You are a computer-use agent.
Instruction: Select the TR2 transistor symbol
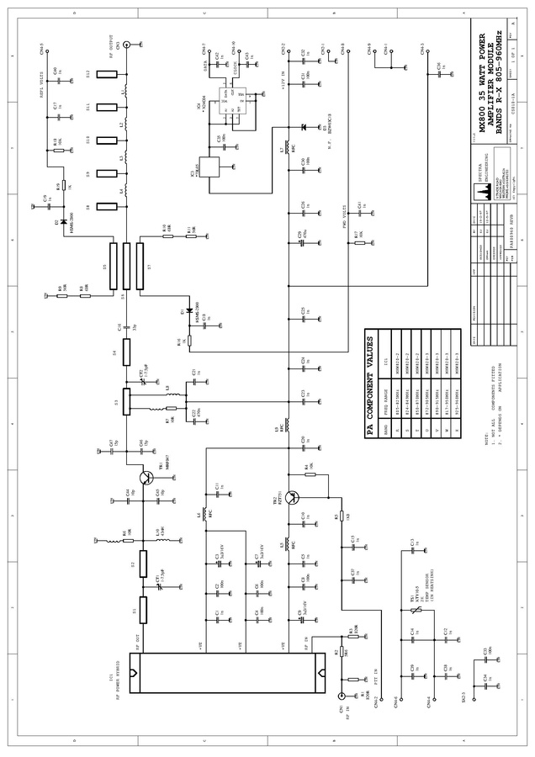292,497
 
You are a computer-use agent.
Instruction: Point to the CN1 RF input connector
341,696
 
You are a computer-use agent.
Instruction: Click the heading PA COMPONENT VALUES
369,383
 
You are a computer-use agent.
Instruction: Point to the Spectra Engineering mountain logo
485,193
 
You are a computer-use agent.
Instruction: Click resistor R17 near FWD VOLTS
360,244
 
